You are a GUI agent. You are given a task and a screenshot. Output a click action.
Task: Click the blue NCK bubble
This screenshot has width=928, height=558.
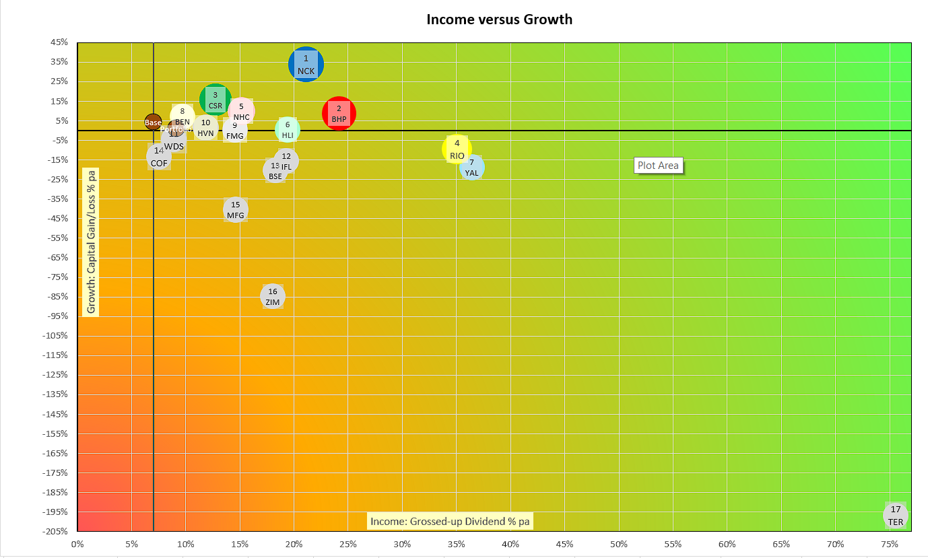[306, 65]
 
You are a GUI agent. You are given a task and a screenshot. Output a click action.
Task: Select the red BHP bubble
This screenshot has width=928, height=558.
[339, 113]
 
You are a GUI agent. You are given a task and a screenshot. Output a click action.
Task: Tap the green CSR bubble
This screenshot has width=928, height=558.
[216, 100]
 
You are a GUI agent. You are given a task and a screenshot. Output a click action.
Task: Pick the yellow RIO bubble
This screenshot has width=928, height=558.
[457, 149]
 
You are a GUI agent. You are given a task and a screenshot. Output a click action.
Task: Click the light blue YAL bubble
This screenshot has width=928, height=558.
[472, 167]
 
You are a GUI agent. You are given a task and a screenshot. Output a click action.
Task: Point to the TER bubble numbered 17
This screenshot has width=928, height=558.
[896, 516]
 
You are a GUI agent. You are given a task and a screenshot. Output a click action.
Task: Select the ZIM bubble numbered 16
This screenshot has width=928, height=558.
[273, 296]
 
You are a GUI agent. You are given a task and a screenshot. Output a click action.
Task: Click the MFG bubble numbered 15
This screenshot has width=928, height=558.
[236, 210]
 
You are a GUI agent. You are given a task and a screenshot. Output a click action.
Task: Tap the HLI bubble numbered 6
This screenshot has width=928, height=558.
[288, 129]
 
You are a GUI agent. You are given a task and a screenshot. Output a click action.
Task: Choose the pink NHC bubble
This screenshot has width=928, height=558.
[241, 111]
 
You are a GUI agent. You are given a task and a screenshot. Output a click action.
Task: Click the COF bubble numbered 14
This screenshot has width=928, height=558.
[159, 156]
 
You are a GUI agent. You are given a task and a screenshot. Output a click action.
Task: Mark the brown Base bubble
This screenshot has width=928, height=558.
[153, 122]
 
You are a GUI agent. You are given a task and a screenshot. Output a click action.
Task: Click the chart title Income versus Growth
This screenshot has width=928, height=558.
[499, 20]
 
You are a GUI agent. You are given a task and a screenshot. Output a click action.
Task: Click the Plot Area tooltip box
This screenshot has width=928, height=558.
[658, 166]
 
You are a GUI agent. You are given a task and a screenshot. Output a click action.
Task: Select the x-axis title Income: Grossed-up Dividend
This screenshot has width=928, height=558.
[451, 521]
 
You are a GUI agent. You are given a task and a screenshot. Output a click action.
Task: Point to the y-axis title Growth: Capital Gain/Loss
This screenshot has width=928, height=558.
[92, 241]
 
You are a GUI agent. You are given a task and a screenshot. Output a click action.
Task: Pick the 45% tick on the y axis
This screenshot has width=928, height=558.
[59, 42]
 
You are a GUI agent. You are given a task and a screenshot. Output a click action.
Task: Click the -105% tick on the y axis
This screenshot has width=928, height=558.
[57, 336]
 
